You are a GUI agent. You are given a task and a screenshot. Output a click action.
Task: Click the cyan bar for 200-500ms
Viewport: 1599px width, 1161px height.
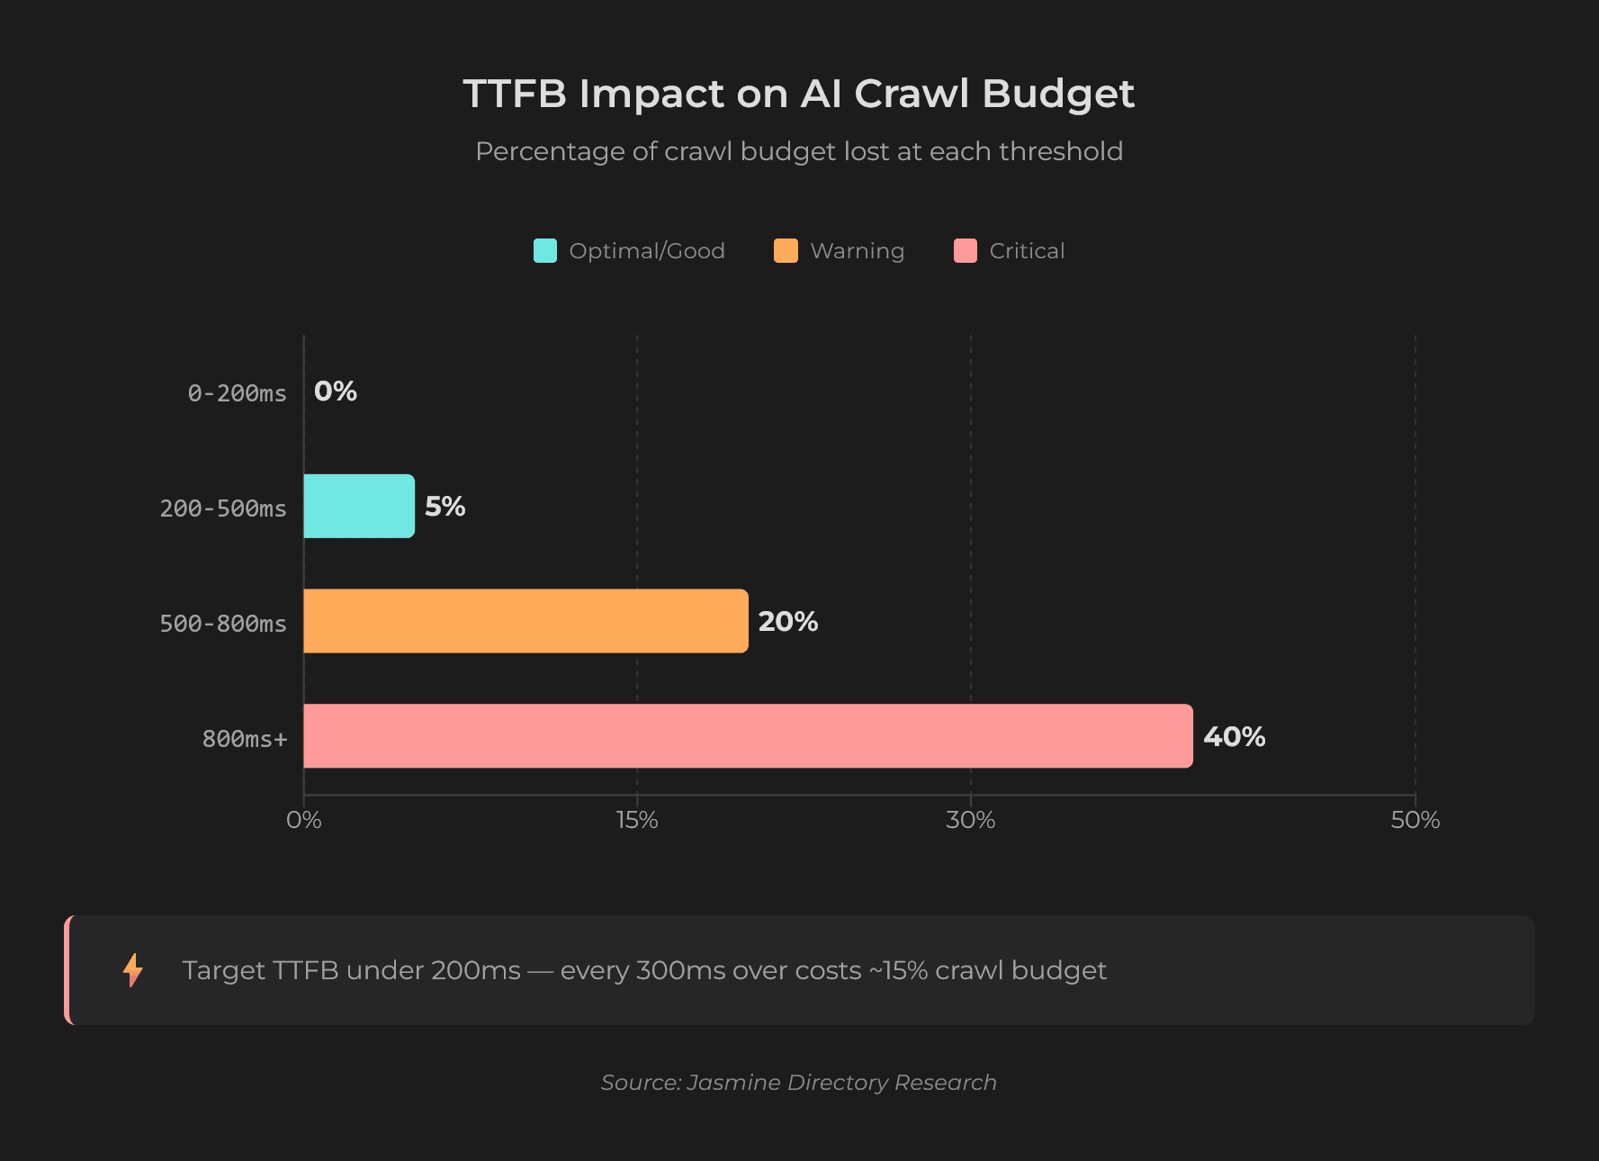[359, 506]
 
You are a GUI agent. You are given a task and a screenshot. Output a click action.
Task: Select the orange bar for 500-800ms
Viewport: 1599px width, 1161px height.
[526, 621]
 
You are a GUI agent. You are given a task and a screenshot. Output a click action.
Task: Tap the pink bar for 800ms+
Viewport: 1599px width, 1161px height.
[748, 736]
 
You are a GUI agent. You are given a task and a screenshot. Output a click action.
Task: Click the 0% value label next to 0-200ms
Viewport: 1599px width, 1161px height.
[336, 391]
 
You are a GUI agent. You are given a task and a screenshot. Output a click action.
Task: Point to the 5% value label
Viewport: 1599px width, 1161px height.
[445, 507]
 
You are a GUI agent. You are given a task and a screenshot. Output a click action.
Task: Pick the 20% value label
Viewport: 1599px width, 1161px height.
[787, 622]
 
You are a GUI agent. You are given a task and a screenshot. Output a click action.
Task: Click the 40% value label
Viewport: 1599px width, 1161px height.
[1234, 737]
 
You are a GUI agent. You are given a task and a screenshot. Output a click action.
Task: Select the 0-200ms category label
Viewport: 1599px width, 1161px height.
[237, 393]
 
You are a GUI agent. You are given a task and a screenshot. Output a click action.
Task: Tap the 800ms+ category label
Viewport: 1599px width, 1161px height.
[244, 739]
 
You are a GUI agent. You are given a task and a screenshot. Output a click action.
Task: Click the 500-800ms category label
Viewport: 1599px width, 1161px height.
[222, 624]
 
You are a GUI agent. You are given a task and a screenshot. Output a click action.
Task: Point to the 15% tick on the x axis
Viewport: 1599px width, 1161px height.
[637, 820]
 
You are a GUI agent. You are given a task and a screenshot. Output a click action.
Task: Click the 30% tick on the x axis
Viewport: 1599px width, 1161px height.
[970, 820]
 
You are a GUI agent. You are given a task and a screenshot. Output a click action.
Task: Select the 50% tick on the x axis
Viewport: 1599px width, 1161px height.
[1415, 820]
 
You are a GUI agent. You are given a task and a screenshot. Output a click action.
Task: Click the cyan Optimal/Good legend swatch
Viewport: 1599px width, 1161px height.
[545, 251]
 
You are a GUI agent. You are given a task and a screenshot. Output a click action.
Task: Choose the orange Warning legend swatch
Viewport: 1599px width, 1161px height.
[786, 251]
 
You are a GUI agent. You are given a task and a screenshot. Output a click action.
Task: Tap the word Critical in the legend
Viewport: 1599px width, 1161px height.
[1027, 251]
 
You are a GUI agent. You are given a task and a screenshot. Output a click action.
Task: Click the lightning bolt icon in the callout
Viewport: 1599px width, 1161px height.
[133, 970]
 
